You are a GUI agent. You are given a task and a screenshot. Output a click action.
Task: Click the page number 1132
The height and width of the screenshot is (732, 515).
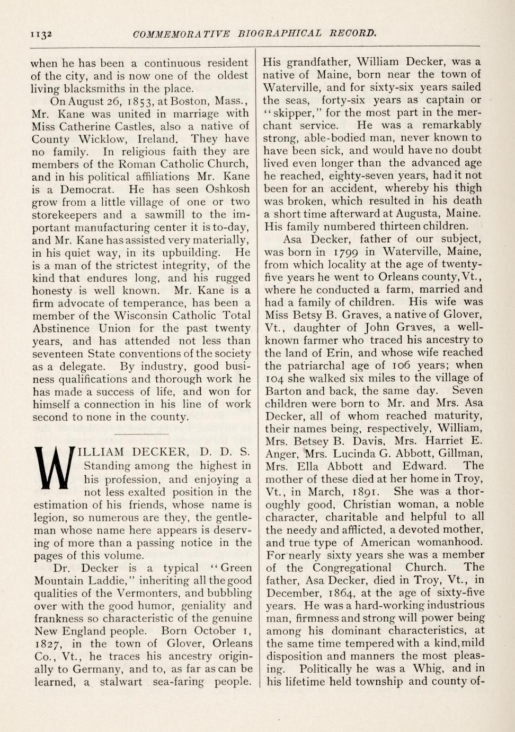click(40, 34)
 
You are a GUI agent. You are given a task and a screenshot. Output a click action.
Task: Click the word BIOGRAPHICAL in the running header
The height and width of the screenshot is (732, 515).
click(280, 33)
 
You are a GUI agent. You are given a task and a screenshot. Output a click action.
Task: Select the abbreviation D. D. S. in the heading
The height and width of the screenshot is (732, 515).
click(224, 452)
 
